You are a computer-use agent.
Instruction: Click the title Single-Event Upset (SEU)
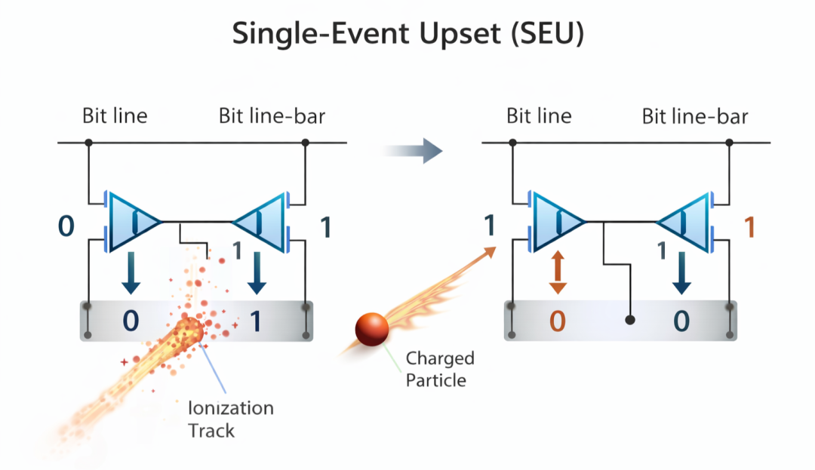tap(407, 35)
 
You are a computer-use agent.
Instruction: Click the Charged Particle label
tap(440, 368)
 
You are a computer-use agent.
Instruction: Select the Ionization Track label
tap(230, 419)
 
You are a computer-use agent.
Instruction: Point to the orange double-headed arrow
tap(558, 272)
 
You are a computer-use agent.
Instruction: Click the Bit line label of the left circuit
tap(115, 116)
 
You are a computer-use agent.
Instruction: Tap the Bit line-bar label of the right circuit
tap(695, 116)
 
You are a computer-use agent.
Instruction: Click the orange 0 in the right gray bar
tap(557, 321)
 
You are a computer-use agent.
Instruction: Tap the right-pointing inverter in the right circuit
tap(558, 221)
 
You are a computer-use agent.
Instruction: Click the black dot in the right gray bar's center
tap(630, 320)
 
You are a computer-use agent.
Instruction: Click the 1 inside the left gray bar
tap(255, 321)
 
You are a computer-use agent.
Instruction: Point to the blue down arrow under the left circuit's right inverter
tap(257, 273)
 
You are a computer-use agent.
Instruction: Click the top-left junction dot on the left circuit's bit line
tap(88, 143)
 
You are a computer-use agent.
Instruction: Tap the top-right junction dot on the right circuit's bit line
tap(729, 143)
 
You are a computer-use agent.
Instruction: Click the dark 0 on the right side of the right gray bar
tap(681, 321)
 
